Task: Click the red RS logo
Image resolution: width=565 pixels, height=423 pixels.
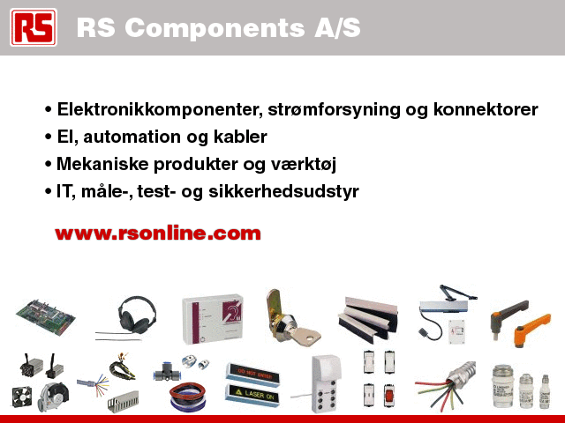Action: click(x=34, y=27)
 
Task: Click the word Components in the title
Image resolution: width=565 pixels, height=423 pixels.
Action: click(x=215, y=28)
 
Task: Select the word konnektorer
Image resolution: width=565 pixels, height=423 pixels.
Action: click(x=486, y=109)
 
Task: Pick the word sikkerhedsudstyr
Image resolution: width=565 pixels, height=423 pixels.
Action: click(x=283, y=191)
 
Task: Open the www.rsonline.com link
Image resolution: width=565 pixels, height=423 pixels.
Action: click(x=158, y=234)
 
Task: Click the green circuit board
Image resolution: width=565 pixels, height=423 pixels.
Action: click(x=46, y=316)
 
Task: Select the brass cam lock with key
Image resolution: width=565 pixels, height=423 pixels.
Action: click(x=290, y=319)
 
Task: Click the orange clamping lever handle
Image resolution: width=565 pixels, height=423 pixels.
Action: click(x=531, y=329)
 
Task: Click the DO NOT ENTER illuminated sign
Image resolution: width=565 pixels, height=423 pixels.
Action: click(x=253, y=374)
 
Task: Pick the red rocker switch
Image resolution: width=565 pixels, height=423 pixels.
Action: click(x=388, y=395)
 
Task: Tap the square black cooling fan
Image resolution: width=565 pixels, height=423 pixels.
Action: click(x=21, y=397)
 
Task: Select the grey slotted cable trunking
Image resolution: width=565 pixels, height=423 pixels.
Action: click(x=123, y=402)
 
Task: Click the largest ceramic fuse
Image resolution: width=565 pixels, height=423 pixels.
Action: click(x=503, y=387)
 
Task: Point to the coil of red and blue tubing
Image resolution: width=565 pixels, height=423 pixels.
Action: click(x=188, y=397)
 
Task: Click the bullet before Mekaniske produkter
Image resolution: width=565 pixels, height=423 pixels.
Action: click(x=49, y=165)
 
